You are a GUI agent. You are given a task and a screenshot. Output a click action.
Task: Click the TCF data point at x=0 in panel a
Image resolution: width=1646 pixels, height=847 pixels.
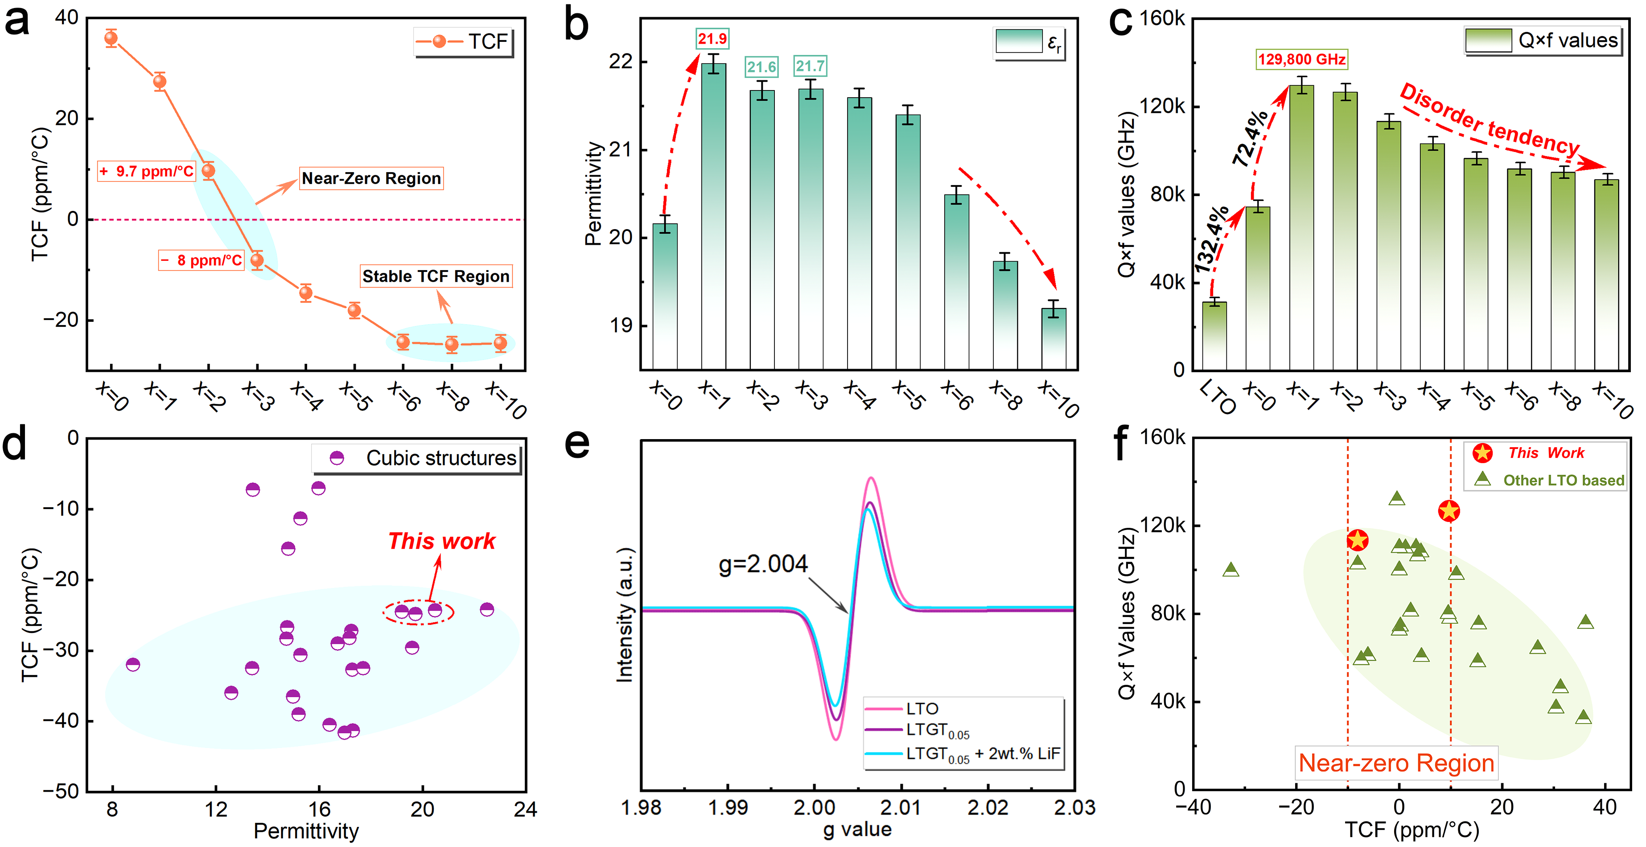111,38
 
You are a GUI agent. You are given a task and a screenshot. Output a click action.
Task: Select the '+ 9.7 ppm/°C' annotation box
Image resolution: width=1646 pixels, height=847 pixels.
146,171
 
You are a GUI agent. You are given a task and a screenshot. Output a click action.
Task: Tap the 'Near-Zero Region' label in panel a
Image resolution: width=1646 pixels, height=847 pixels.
371,178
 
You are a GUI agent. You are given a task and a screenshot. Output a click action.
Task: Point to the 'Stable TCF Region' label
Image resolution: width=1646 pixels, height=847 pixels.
436,276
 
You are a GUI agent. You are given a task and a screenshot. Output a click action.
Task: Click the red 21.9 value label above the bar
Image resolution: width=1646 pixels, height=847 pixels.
712,39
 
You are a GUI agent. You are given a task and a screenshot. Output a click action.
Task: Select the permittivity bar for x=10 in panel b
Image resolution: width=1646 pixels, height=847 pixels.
1053,338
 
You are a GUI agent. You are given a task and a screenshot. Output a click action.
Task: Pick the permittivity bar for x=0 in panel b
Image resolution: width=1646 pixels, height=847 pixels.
665,296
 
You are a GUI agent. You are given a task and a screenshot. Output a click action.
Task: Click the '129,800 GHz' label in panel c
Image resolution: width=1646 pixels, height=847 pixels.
1301,59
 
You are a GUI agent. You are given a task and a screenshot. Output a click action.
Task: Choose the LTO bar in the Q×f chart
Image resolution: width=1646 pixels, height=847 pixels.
1214,335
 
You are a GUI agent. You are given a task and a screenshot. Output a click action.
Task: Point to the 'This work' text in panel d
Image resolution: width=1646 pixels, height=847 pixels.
441,541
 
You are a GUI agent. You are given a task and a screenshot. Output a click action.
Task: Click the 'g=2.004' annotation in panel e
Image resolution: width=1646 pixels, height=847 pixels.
763,564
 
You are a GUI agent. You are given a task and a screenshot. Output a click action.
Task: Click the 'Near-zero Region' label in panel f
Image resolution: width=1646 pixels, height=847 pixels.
1396,763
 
